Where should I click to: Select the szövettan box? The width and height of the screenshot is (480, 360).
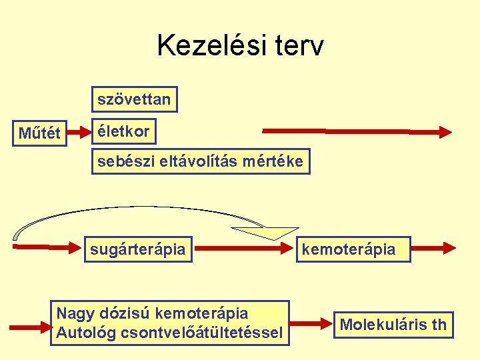[x=134, y=100]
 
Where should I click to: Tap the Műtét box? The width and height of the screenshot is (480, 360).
[x=39, y=133]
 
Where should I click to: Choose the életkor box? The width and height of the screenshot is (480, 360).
[x=123, y=131]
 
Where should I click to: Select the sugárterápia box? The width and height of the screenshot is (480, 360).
[x=138, y=249]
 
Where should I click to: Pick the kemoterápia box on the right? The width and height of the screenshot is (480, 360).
[x=353, y=249]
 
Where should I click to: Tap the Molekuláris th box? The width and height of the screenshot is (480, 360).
[x=393, y=325]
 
